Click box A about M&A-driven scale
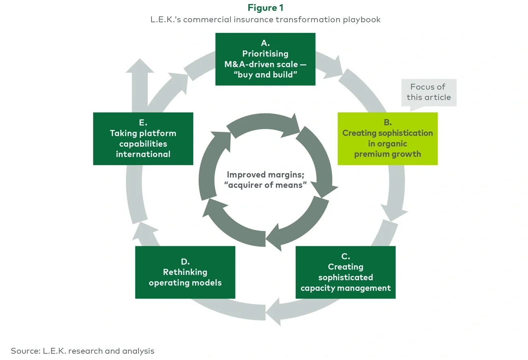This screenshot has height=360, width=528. pos(265,59)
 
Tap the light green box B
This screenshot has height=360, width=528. pos(387,139)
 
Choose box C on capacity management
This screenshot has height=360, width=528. pos(345,272)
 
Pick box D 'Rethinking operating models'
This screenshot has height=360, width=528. pos(185,272)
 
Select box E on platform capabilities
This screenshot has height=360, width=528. pos(143,139)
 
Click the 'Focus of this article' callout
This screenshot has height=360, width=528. pos(428,92)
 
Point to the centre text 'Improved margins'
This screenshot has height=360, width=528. pos(265,175)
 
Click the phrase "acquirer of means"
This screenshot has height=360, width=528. pos(265,185)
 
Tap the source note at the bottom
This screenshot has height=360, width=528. pos(82,351)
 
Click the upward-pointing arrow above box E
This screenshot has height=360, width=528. pos(140,69)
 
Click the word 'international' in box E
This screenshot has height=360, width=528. pos(143,154)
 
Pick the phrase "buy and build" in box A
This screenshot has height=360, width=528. pos(265,75)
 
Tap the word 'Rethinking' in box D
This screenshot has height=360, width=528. pos(185,272)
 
